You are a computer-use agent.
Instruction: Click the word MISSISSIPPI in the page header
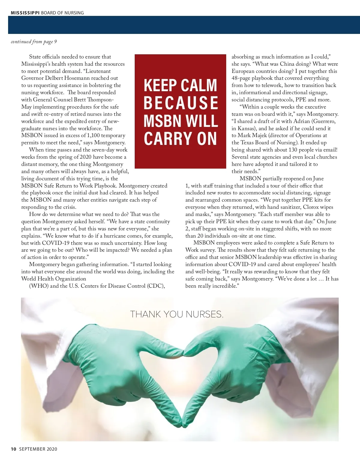pos(25,13)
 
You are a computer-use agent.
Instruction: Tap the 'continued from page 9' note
pos(34,42)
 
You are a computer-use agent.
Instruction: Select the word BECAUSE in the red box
pos(181,103)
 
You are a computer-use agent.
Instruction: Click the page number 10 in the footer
pos(13,449)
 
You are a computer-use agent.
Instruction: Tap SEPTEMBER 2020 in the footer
pos(38,449)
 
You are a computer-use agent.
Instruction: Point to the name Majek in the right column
pos(259,136)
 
